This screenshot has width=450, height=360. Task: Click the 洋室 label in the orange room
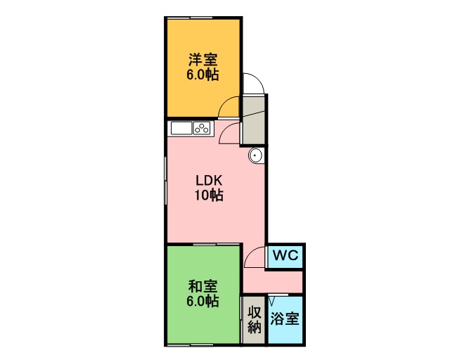pos(203,60)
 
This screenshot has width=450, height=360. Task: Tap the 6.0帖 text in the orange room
pos(203,75)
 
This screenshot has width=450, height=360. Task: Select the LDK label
pos(209,181)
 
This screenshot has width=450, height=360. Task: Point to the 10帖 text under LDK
pos(210,195)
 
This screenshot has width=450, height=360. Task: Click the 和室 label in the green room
pos(203,286)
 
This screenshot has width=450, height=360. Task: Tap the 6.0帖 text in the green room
pos(203,302)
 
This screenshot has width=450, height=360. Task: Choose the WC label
pos(285,255)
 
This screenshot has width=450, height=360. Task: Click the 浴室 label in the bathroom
pos(285,319)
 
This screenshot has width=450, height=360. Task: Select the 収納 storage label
pos(255,319)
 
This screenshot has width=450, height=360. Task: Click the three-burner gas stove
pos(202,128)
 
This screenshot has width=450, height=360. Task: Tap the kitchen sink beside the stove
pos(181,128)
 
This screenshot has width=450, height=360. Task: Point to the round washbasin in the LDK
pos(255,156)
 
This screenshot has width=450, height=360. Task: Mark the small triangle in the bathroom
pos(272,301)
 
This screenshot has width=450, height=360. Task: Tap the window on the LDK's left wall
pos(166,181)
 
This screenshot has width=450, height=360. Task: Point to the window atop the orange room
pos(190,18)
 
